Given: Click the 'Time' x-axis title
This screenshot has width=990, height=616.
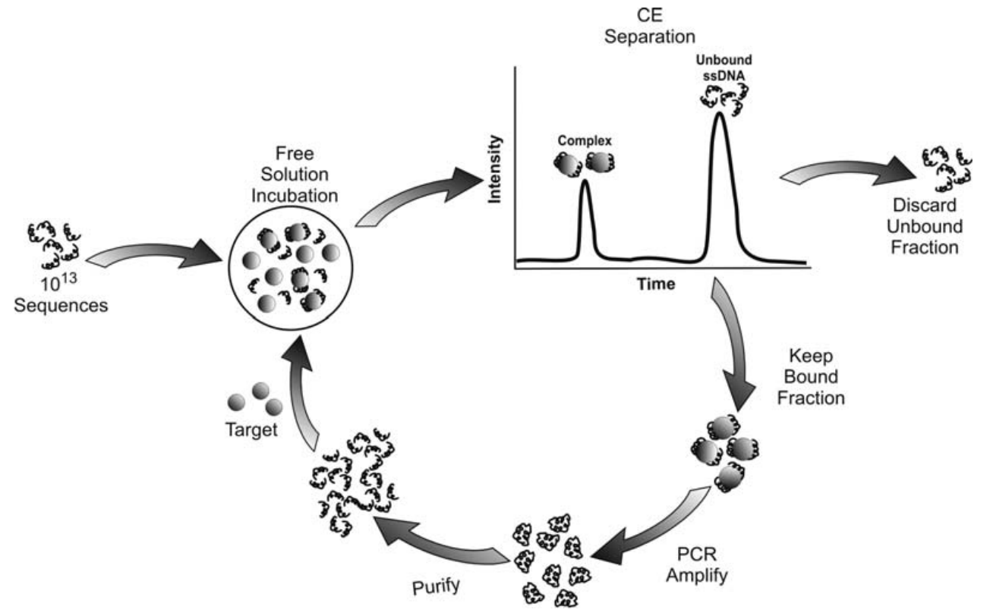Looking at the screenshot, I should [657, 284].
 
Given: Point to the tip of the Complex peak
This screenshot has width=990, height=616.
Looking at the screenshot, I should [584, 181].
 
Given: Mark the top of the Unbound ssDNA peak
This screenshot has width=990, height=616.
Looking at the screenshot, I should [717, 114].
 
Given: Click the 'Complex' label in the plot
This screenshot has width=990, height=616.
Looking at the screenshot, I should [583, 140].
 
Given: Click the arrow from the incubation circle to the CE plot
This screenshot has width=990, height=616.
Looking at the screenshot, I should [418, 201].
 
